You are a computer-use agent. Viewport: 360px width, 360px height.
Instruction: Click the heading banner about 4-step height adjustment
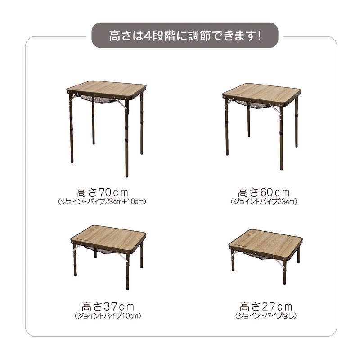point(185,36)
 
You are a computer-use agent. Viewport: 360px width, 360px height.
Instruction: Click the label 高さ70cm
point(102,193)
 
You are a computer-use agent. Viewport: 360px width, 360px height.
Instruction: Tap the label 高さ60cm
point(264,193)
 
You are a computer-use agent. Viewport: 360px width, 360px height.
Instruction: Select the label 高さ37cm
point(108,306)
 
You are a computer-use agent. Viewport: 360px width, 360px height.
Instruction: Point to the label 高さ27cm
point(266,306)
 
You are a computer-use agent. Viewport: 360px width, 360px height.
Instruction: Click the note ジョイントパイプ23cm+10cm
point(102,202)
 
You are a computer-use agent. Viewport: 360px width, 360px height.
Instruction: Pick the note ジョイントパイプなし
point(266,316)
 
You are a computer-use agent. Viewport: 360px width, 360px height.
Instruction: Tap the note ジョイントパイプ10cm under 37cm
point(108,316)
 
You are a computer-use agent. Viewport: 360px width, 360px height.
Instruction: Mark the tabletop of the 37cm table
point(108,236)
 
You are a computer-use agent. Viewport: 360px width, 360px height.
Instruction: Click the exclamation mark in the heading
point(259,36)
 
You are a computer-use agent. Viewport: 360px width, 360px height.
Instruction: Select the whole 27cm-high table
point(265,256)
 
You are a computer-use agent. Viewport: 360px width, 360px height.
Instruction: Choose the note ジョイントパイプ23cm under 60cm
point(264,202)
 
